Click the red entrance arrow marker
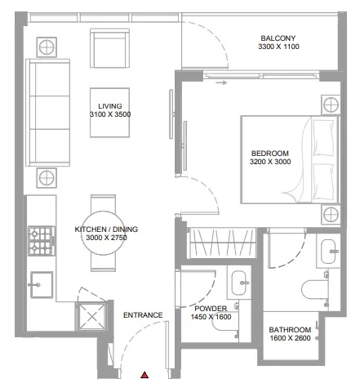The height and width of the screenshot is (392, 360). click(144, 375)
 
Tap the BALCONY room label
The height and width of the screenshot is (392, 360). click(278, 38)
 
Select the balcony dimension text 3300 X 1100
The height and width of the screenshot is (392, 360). click(278, 48)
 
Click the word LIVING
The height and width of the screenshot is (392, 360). click(109, 106)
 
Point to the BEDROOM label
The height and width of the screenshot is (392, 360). click(269, 153)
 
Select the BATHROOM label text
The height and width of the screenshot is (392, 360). click(290, 330)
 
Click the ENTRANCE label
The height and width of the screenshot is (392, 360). click(142, 314)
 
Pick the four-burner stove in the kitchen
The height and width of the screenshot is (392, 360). click(40, 240)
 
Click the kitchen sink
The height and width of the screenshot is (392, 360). click(38, 285)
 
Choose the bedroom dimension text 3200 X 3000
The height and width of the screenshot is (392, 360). click(269, 163)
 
